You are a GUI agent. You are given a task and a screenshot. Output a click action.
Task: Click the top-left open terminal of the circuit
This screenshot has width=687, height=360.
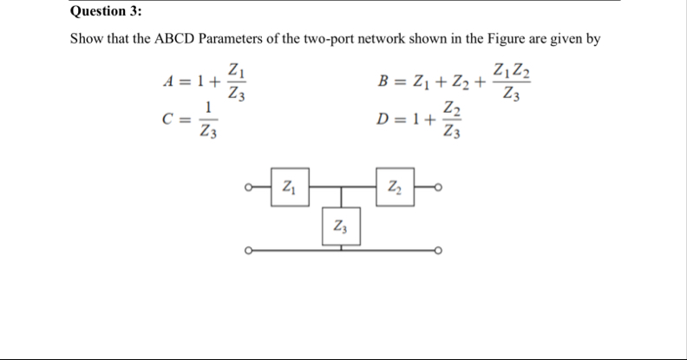(249, 189)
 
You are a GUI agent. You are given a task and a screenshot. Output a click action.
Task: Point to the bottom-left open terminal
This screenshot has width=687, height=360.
(249, 252)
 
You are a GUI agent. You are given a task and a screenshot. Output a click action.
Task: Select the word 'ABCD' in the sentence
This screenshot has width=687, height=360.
(176, 40)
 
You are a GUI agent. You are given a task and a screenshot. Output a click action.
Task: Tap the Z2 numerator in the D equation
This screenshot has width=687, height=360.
(449, 109)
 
